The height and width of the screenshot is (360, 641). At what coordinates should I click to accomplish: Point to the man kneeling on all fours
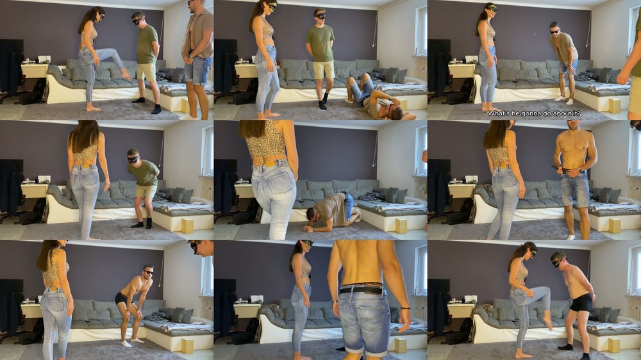coord(332,211)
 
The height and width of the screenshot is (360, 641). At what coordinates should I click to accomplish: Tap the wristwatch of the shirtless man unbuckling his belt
coord(580,170)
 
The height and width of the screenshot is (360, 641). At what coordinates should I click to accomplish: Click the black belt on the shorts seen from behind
coord(362,291)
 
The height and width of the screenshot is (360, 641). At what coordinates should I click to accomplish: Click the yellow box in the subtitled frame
coord(615,106)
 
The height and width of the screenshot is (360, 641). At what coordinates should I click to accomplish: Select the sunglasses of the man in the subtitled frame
coord(554,31)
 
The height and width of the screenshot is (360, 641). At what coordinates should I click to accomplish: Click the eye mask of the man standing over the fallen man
coord(320,16)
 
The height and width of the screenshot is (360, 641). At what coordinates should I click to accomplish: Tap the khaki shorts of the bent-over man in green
coord(146,191)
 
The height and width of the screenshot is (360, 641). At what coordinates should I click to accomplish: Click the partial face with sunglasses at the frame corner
coord(201,248)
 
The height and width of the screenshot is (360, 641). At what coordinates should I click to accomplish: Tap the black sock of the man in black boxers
coord(566,347)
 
